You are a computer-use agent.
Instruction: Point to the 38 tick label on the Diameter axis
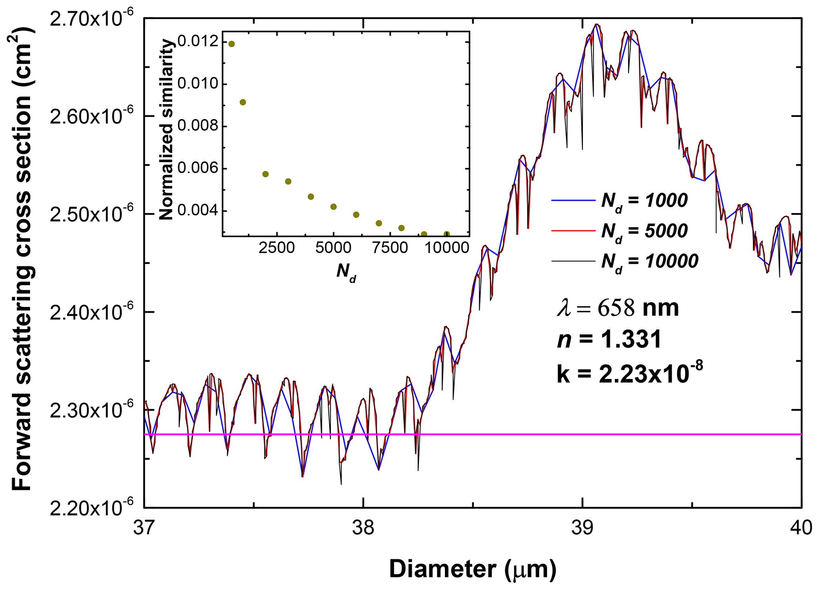pyautogui.click(x=363, y=528)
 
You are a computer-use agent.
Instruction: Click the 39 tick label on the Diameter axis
pyautogui.click(x=582, y=528)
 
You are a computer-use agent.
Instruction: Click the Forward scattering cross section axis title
pyautogui.click(x=21, y=262)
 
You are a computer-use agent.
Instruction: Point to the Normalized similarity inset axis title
pyautogui.click(x=166, y=130)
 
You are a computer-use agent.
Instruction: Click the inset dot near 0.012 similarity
pyautogui.click(x=231, y=44)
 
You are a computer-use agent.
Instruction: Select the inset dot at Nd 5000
pyautogui.click(x=334, y=207)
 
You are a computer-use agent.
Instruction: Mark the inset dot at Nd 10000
pyautogui.click(x=447, y=234)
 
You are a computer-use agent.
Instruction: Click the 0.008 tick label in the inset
pyautogui.click(x=198, y=126)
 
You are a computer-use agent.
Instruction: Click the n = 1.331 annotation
pyautogui.click(x=609, y=340)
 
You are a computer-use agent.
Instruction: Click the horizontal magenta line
pyautogui.click(x=594, y=434)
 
